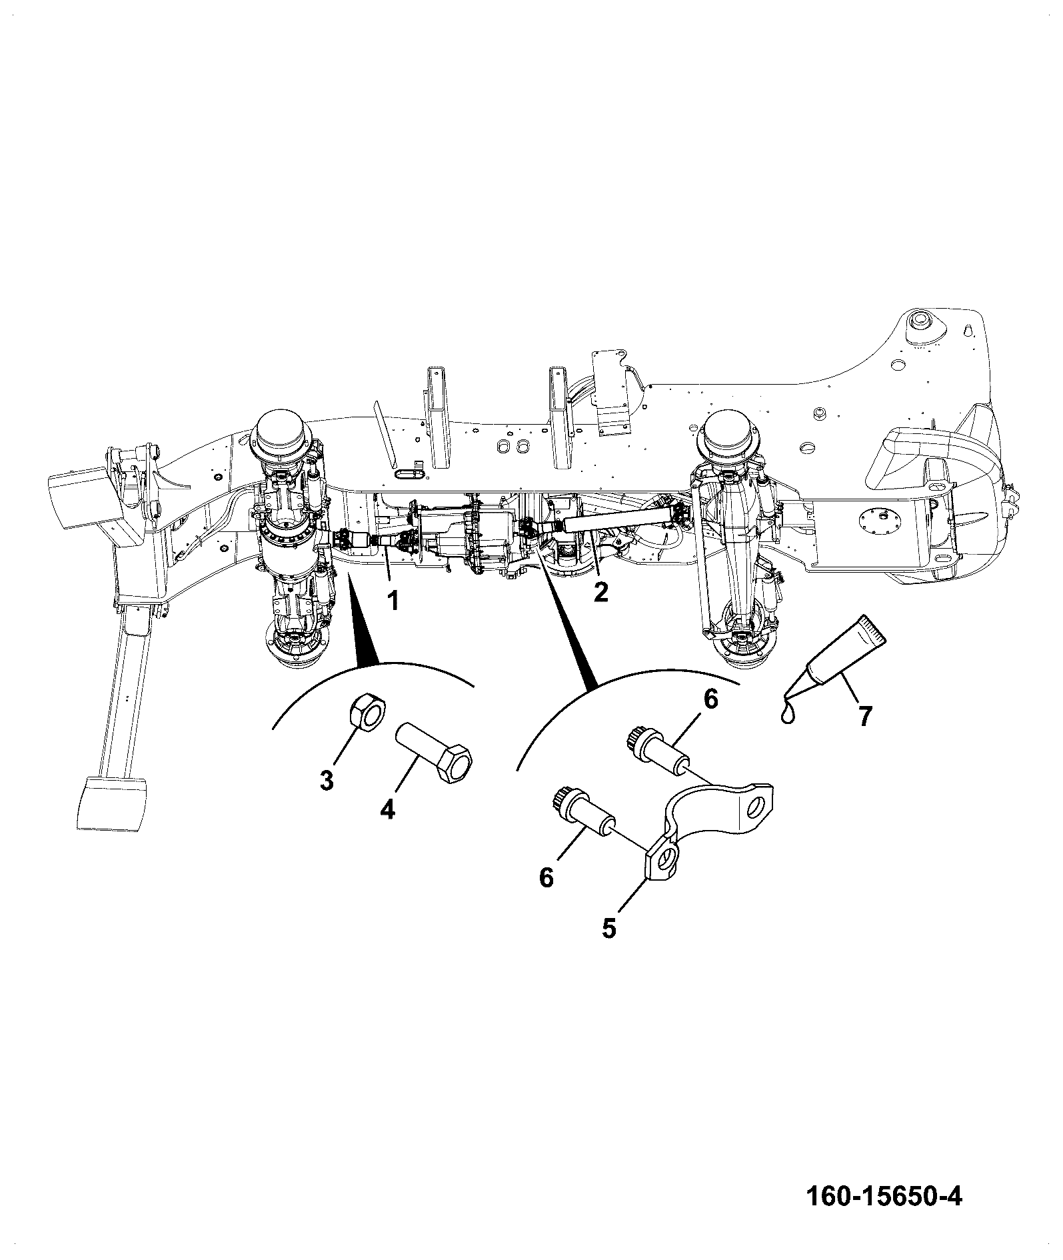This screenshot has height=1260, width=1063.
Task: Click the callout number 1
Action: coord(394,600)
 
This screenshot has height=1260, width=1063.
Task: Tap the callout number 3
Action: coord(326,781)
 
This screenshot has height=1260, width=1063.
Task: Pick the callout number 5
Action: coord(609,928)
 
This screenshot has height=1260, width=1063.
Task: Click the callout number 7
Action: coord(864,716)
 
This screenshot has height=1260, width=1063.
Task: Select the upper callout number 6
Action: coord(710,699)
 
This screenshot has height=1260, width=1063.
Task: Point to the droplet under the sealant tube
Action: coord(788,714)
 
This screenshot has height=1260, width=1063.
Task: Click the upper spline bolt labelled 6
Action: coord(657,750)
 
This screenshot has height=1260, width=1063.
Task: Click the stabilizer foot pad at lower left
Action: coord(111,803)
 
